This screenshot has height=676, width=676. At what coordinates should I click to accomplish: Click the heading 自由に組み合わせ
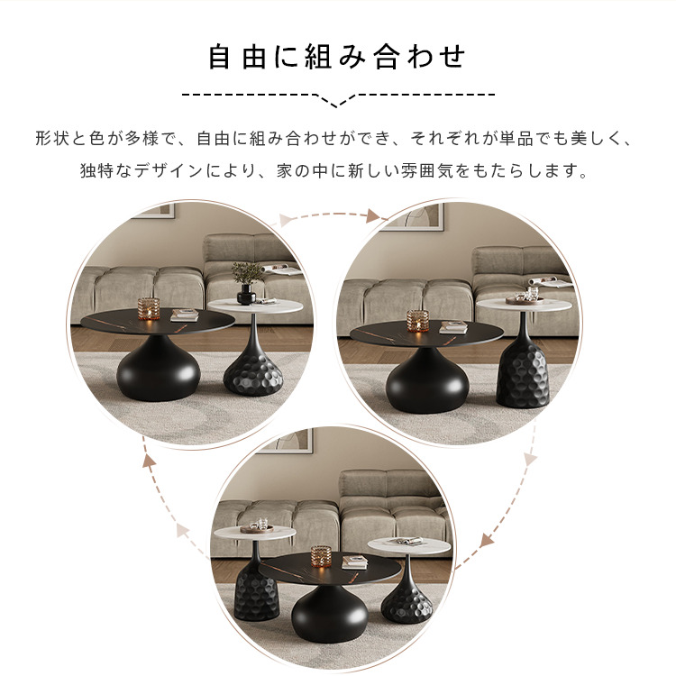point(337,57)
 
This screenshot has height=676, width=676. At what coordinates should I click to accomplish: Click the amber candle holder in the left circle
point(149,308)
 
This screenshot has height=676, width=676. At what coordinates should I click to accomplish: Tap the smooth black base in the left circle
point(159,368)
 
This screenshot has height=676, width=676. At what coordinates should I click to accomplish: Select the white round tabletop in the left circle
point(255,306)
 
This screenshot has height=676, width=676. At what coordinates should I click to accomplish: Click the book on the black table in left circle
point(185,315)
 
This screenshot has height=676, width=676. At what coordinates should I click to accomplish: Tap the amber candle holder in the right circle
point(417,321)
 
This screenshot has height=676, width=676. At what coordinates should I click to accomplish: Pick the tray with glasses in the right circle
point(525,297)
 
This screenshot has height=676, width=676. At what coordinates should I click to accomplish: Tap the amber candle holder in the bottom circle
point(322,557)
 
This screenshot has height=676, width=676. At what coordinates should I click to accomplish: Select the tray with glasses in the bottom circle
point(257,527)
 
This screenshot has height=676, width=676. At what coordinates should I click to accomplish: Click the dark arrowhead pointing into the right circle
point(373,216)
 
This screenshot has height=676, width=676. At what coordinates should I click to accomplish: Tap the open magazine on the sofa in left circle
point(280,269)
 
